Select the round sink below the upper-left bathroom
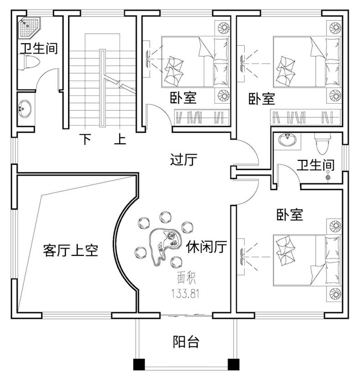(x=25, y=109)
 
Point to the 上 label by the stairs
(x=120, y=139)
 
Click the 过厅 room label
(x=183, y=159)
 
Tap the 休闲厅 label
(x=206, y=247)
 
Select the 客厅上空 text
(x=71, y=250)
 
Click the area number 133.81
(x=185, y=294)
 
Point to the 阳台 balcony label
(x=186, y=342)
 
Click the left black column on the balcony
(x=139, y=364)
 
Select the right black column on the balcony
(x=234, y=364)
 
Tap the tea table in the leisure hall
(x=165, y=246)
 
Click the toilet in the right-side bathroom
(x=322, y=143)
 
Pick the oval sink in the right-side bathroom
(x=287, y=139)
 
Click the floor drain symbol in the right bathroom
(x=328, y=176)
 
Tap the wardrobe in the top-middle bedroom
(x=202, y=117)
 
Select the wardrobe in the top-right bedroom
(x=306, y=117)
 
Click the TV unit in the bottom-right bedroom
(x=241, y=257)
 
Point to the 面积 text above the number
(x=186, y=278)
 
